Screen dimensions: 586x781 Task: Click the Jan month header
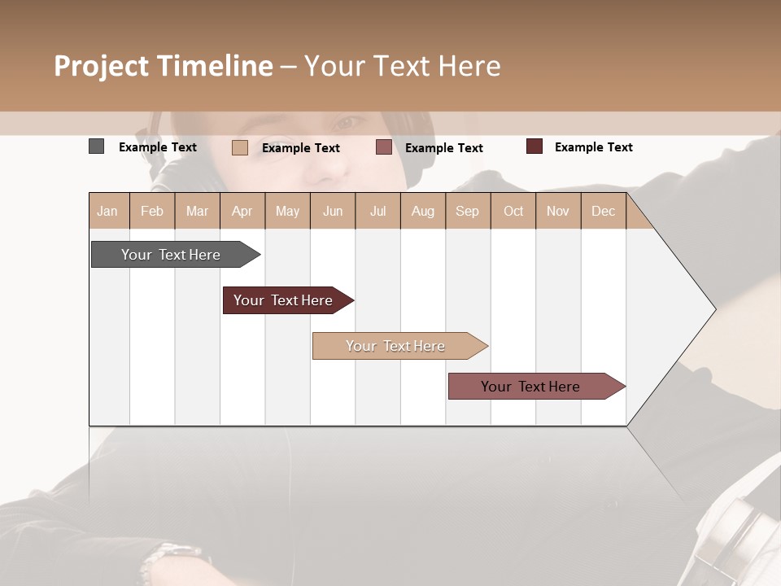[107, 211]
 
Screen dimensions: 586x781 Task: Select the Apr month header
[242, 211]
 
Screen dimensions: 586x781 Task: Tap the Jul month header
[377, 211]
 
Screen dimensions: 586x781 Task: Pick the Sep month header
[467, 211]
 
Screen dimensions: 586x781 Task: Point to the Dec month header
[603, 211]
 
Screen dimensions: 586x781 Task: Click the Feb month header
[152, 211]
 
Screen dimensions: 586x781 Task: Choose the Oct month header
[513, 211]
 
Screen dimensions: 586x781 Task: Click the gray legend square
[96, 146]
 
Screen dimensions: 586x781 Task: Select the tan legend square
[239, 147]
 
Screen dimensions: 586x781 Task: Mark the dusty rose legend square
[384, 147]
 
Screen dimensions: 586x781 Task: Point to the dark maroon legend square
[534, 146]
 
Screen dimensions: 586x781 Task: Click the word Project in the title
[102, 66]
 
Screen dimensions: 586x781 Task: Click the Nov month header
[558, 211]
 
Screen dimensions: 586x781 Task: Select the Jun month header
[333, 211]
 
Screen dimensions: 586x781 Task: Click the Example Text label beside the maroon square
[593, 147]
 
